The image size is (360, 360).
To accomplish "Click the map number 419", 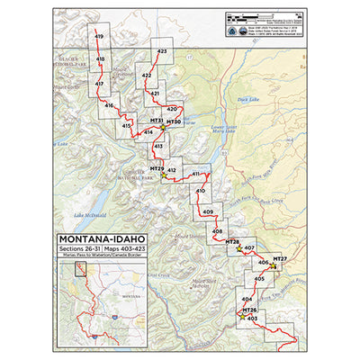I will [99, 36].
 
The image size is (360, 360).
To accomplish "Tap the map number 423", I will [162, 52].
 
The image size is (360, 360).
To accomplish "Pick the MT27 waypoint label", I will [280, 259].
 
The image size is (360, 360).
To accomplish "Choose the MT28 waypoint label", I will [232, 242].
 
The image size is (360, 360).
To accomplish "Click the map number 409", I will [208, 211].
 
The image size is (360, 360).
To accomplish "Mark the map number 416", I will [108, 106].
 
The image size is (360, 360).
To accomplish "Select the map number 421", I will [155, 94].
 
